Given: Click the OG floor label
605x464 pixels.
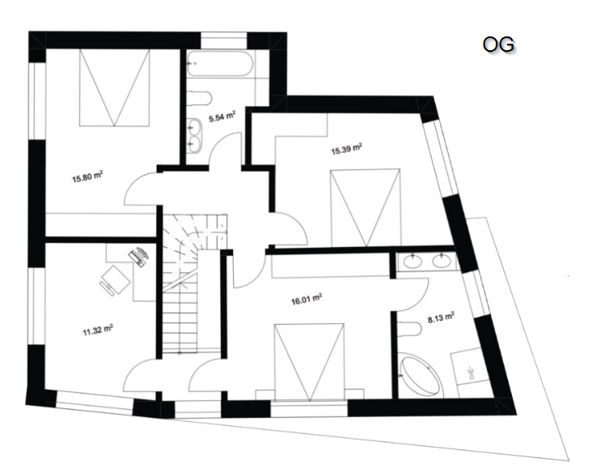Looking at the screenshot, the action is [x=498, y=45].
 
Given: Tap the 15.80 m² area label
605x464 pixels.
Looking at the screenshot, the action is [x=87, y=177].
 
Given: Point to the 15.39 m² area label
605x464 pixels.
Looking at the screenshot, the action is [x=346, y=149].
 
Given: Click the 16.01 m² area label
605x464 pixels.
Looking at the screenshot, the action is [x=307, y=300].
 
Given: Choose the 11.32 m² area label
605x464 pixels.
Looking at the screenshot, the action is [x=98, y=330].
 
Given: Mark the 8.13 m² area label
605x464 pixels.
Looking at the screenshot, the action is [x=441, y=318].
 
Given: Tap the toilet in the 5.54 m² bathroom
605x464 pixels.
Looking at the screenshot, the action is [x=200, y=98].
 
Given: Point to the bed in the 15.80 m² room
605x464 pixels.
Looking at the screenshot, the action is [x=114, y=87].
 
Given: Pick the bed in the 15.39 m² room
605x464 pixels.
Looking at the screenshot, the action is [x=365, y=207].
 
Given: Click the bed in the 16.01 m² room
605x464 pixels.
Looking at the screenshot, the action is [x=309, y=362].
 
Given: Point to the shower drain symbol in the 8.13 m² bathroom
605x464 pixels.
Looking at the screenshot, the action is [x=471, y=372].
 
